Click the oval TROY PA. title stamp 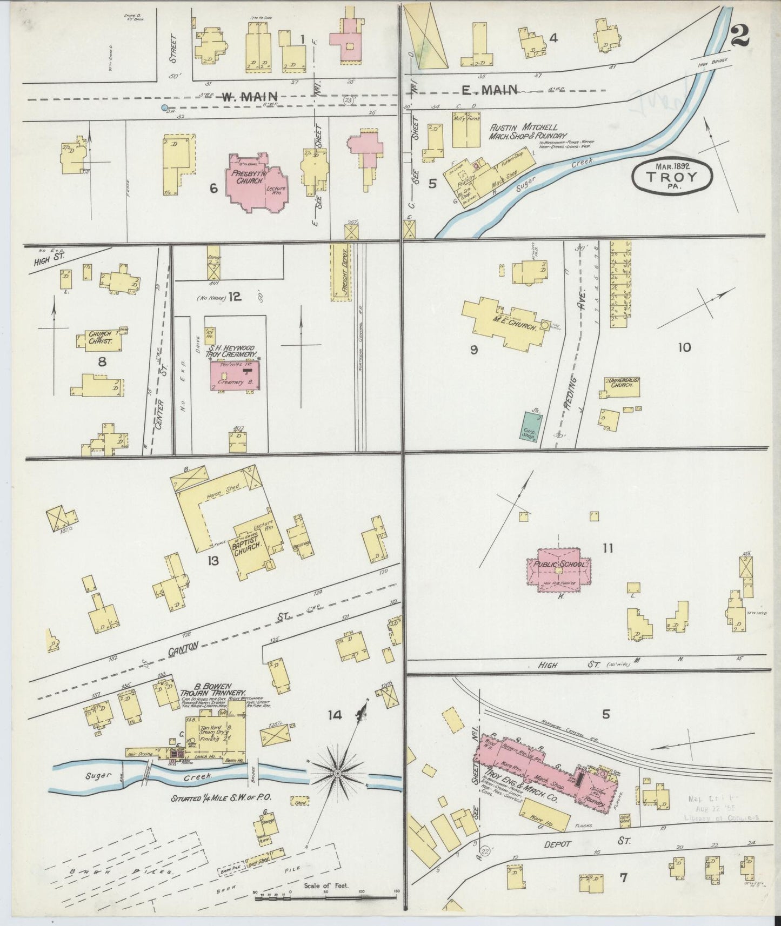[672, 176]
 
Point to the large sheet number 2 [738, 36]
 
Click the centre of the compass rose [337, 774]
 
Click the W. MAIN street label [250, 97]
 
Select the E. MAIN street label [489, 90]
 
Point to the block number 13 [212, 561]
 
